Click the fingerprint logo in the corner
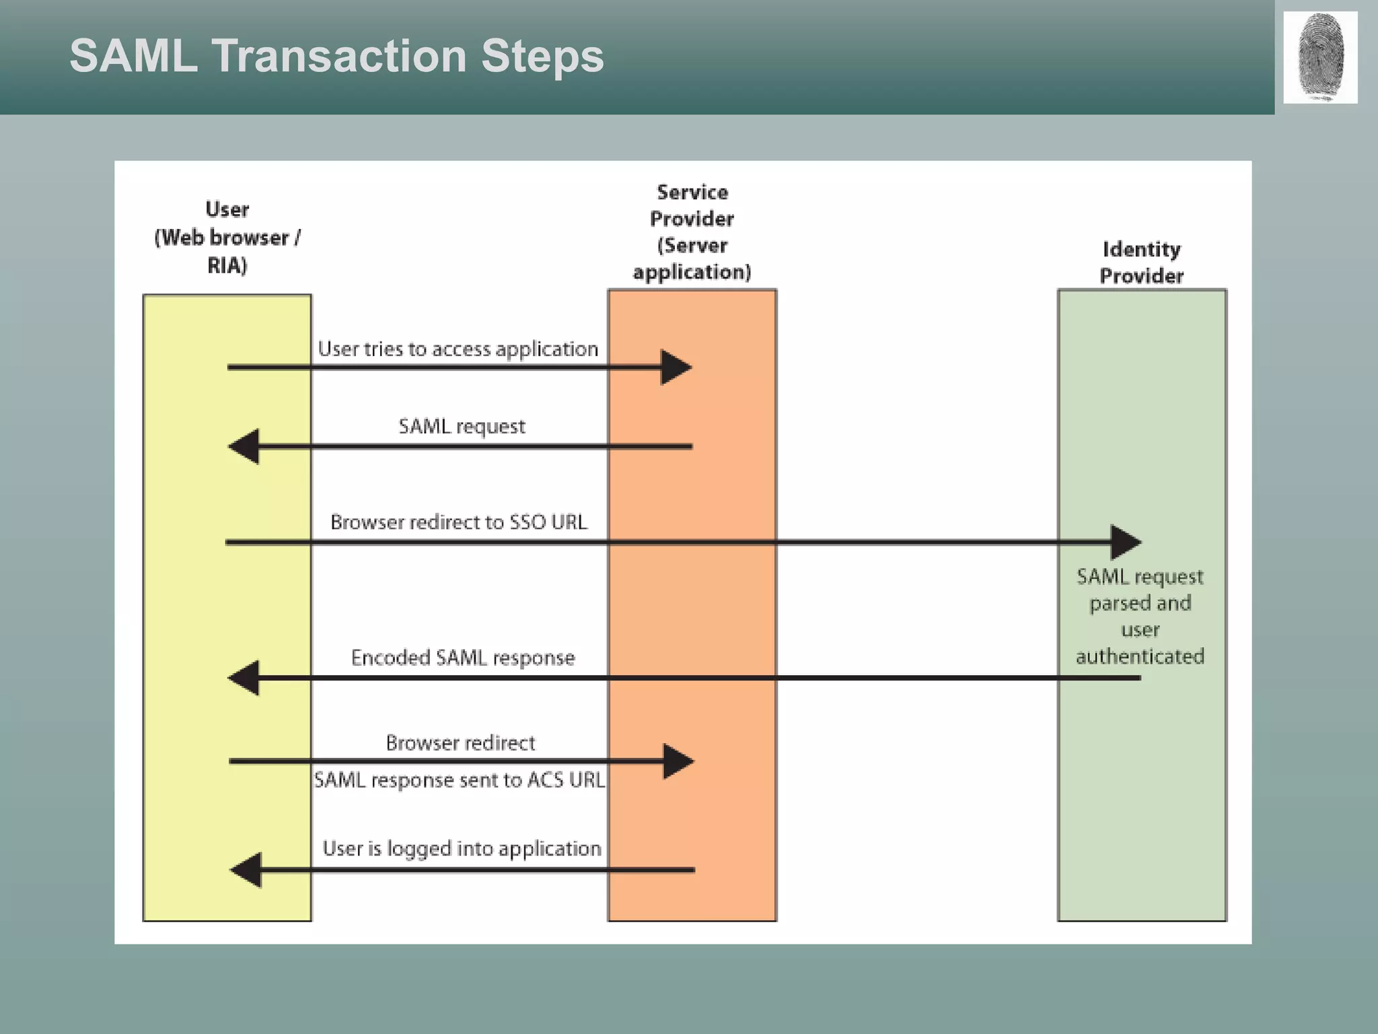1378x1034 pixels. [x=1320, y=57]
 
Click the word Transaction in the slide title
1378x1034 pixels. [x=339, y=55]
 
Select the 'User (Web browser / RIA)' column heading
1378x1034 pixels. [x=227, y=238]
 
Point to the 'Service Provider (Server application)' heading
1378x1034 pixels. [x=692, y=232]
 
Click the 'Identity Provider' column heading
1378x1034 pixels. [x=1141, y=263]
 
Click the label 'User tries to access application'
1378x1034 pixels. [x=458, y=349]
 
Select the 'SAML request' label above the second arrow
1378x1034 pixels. [x=462, y=426]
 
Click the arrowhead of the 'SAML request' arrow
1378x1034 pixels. [x=244, y=446]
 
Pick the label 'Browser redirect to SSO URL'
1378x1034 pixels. [x=459, y=522]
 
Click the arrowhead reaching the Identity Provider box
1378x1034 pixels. [x=1125, y=542]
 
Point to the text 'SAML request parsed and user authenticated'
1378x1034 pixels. [x=1140, y=616]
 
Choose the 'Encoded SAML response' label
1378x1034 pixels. [x=463, y=658]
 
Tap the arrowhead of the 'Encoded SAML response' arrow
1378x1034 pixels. [x=244, y=678]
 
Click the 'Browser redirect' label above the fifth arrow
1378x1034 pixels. [x=460, y=743]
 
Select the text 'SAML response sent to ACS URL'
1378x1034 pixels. [x=460, y=780]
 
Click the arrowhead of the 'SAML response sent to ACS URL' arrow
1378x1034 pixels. [x=678, y=761]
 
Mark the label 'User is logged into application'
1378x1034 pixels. [x=462, y=849]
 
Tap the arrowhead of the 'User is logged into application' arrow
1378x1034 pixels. [x=246, y=870]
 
